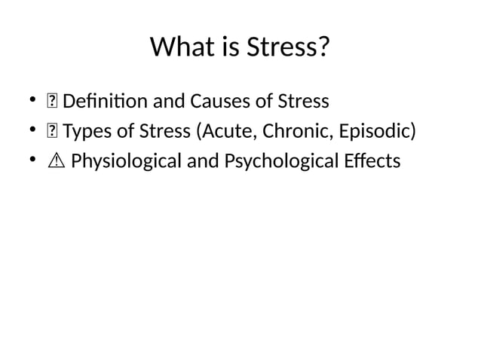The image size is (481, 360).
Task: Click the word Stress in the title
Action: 288,47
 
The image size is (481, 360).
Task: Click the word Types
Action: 86,132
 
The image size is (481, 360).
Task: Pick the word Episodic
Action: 376,132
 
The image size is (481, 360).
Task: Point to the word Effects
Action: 375,162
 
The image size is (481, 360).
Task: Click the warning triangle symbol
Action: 54,162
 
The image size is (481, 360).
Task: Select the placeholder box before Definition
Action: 53,102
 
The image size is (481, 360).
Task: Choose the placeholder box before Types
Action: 53,133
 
